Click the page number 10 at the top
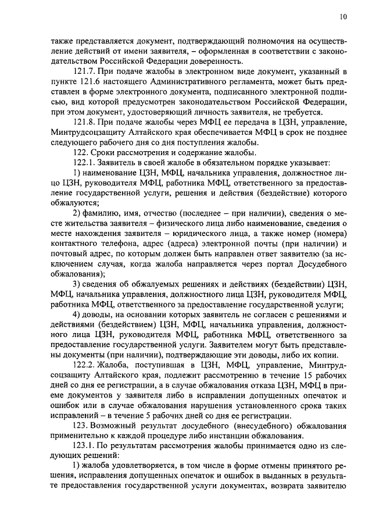pyautogui.click(x=343, y=17)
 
